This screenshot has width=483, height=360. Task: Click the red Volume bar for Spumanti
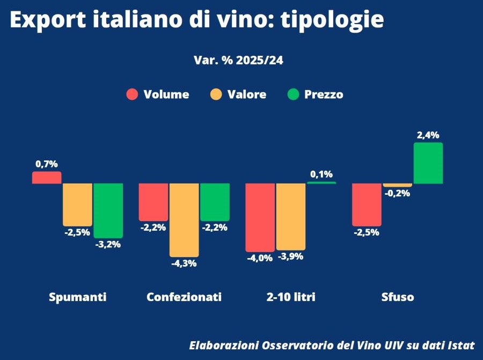[47, 178]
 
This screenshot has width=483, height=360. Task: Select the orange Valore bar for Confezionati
[184, 219]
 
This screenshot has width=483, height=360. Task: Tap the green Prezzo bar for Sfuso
[428, 163]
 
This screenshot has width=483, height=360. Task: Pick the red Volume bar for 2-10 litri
[260, 217]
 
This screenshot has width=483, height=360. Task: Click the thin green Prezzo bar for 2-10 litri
[321, 183]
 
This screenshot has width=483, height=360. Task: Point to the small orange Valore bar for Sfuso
[398, 185]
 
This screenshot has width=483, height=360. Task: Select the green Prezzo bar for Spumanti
[108, 210]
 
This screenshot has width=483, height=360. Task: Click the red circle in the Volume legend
[132, 94]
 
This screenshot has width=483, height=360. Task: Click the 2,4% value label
[428, 135]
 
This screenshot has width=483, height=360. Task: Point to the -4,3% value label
[184, 263]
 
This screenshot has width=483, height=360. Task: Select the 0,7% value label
[47, 164]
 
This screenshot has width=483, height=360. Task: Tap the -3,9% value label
[290, 256]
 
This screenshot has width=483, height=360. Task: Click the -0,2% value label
[398, 193]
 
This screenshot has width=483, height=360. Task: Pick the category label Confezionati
[184, 297]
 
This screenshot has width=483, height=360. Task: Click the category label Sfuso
[398, 297]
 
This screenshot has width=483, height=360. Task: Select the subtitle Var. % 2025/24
[238, 60]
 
